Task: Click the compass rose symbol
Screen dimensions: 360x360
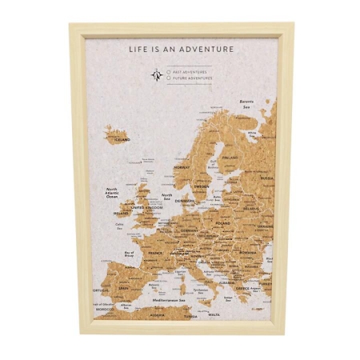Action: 157,75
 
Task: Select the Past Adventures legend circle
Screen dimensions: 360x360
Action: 169,71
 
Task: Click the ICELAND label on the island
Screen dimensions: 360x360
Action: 122,138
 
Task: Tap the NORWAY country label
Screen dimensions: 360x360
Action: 182,168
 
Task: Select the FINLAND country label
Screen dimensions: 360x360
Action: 230,158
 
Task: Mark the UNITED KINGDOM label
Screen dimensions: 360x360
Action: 146,207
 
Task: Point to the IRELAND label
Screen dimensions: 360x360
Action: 122,214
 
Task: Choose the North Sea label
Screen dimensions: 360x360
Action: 167,196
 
